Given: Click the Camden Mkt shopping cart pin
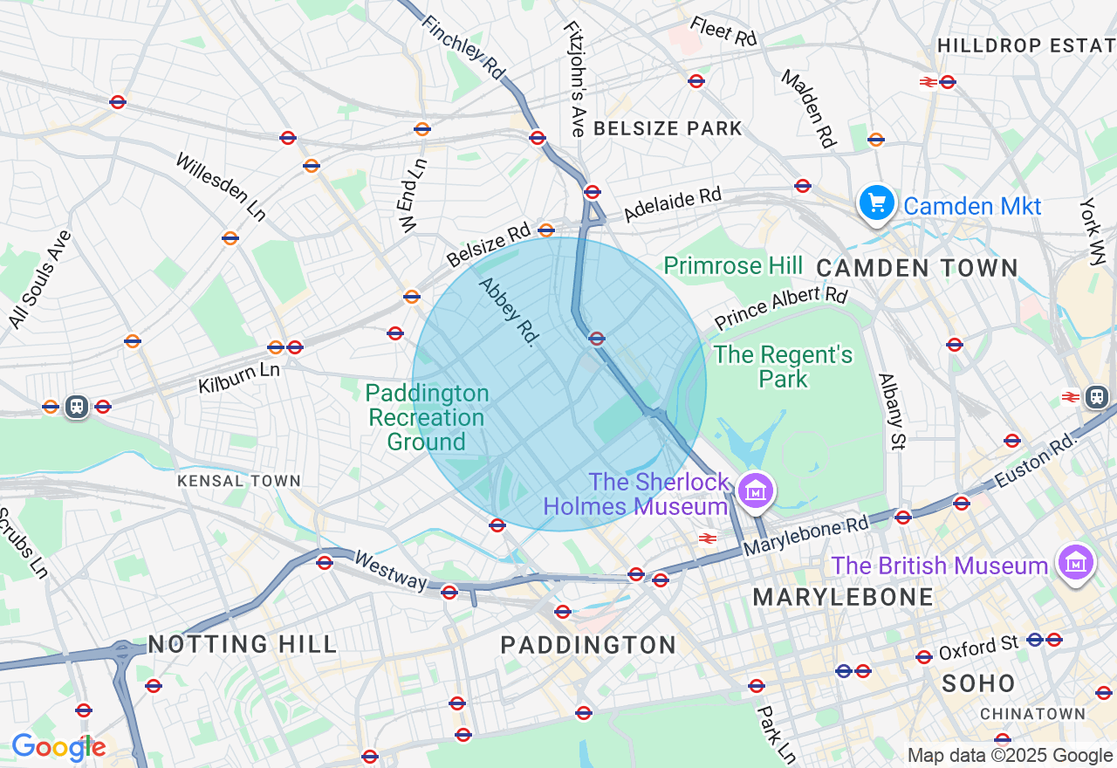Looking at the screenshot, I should click(x=876, y=204).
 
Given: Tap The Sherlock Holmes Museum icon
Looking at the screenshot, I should click(x=756, y=491).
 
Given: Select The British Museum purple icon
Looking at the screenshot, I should click(x=1075, y=564).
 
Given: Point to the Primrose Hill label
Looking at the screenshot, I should click(x=732, y=265).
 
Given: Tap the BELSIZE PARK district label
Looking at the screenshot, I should click(x=668, y=128).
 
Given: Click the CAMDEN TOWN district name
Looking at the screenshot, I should click(x=917, y=268).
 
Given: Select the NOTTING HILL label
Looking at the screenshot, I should click(x=242, y=645).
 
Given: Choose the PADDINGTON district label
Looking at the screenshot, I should click(x=588, y=645).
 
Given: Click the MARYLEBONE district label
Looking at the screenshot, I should click(x=843, y=598).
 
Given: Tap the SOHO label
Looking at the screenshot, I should click(x=978, y=683).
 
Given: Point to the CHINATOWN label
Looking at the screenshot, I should click(x=1032, y=714).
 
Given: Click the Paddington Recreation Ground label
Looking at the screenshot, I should click(x=427, y=418).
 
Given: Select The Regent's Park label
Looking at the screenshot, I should click(x=783, y=367).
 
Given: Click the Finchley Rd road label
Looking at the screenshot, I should click(x=463, y=49).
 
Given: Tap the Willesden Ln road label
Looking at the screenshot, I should click(x=220, y=187).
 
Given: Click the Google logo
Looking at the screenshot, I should click(x=58, y=748).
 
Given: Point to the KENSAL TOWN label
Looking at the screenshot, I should click(x=238, y=481).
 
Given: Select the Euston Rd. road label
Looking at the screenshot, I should click(x=1035, y=459).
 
